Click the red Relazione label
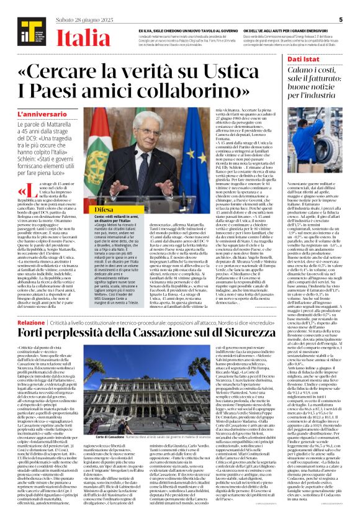[x=31, y=323]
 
